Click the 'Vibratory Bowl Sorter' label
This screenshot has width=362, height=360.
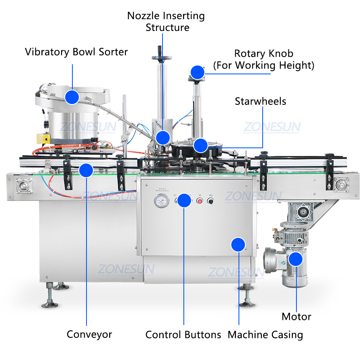(x=76, y=52)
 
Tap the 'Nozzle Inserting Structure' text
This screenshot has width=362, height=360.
(x=166, y=22)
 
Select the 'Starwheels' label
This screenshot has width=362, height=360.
(x=260, y=101)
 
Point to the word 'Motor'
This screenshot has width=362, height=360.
(x=296, y=317)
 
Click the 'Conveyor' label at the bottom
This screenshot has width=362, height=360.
(x=89, y=334)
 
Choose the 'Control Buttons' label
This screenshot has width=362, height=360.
(x=183, y=335)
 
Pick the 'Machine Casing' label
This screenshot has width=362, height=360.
(x=265, y=335)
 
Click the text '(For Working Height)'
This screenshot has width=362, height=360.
(x=263, y=65)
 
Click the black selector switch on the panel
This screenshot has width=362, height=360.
(x=210, y=201)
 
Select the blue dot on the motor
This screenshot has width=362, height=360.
(x=296, y=259)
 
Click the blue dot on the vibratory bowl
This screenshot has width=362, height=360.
(x=72, y=97)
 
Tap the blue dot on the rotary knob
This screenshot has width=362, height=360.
(x=197, y=72)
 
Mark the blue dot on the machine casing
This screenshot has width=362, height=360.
(x=238, y=244)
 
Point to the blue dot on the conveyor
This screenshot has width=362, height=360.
(x=86, y=170)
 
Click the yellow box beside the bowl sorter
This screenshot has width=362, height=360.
(x=43, y=138)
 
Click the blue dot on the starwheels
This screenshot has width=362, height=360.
(x=200, y=145)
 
